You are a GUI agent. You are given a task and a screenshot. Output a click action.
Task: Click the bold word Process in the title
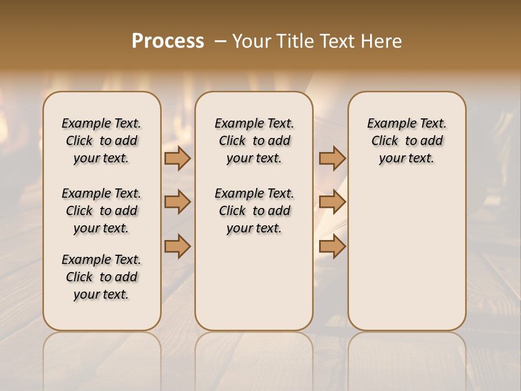coord(168,41)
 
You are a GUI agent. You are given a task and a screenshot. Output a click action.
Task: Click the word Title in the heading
coord(296,41)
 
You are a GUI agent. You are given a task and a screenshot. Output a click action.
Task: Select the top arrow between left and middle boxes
coord(177,158)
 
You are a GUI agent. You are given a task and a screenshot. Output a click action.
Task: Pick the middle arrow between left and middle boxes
coord(177,202)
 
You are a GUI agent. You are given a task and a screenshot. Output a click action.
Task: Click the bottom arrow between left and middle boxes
coord(177,247)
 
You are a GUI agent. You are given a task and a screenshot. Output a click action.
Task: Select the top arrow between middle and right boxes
coord(332,158)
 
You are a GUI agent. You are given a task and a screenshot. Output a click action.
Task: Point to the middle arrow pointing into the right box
coord(332,202)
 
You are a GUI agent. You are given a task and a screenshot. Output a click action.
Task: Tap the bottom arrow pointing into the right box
coord(332,247)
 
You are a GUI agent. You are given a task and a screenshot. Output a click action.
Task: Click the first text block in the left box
coord(101,141)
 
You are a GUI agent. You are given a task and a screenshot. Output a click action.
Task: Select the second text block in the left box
coord(101,211)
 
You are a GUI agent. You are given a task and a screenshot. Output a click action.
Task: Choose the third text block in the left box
coord(101,277)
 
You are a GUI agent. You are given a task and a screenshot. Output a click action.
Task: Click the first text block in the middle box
coord(254,141)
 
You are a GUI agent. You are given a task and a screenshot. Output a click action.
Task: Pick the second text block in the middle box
coord(254,211)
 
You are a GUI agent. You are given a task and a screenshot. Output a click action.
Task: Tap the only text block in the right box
coord(407,141)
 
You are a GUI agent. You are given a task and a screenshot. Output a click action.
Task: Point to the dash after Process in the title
coord(220,41)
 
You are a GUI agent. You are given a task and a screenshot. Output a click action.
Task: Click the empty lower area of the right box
coord(407,255)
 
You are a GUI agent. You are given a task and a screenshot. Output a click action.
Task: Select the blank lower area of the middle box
coord(254,282)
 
